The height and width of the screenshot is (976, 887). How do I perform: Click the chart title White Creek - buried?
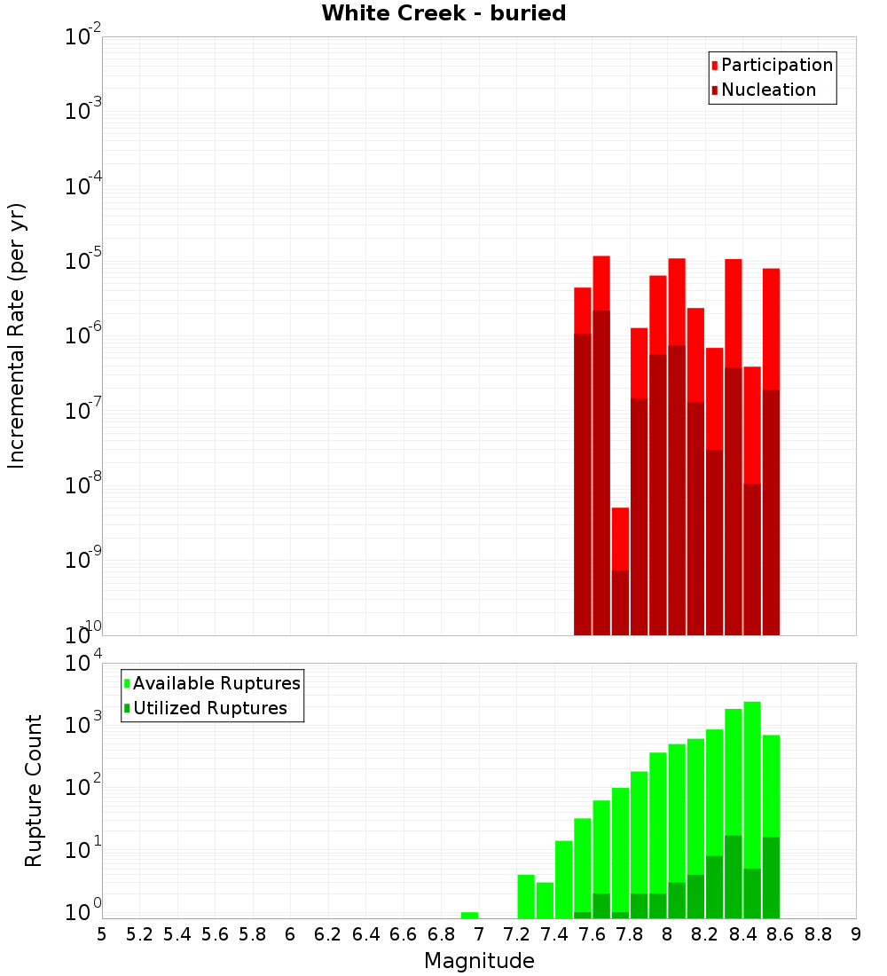click(x=443, y=14)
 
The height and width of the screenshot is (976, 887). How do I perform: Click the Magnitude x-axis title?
click(x=479, y=961)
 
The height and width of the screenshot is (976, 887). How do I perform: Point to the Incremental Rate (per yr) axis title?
click(x=17, y=335)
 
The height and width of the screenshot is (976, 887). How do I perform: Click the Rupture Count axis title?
click(x=34, y=790)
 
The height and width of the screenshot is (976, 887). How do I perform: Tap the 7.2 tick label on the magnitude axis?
click(x=517, y=934)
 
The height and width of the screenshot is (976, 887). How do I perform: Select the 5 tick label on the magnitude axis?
click(x=102, y=934)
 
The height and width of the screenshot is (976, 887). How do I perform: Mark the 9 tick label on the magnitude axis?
click(x=856, y=934)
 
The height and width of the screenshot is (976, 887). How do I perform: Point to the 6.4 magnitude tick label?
click(x=366, y=934)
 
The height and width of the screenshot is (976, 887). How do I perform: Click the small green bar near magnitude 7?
click(x=470, y=915)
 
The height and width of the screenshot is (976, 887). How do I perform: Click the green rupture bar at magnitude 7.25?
click(x=526, y=896)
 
